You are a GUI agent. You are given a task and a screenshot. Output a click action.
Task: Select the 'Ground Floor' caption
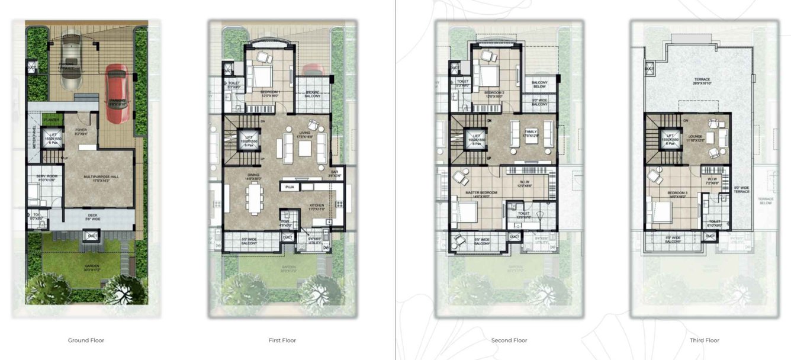(x=86, y=340)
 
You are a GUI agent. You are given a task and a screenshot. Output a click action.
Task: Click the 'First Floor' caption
(x=282, y=340)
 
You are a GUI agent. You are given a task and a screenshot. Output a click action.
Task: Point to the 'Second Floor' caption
(x=509, y=340)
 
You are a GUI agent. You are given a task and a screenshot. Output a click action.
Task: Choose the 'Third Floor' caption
(x=705, y=340)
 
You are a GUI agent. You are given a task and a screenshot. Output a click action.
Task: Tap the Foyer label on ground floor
(x=81, y=131)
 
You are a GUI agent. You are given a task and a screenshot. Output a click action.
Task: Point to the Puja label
(x=290, y=187)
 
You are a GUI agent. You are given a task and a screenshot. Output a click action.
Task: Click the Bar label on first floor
(x=335, y=173)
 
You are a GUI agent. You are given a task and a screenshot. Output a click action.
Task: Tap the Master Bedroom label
(x=481, y=194)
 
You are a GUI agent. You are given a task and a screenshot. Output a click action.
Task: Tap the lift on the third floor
(x=671, y=140)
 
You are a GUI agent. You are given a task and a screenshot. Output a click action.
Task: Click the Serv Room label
(x=46, y=178)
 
